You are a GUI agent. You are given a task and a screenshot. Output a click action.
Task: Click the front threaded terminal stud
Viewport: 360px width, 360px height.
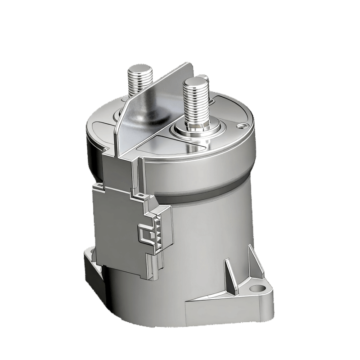pos(195,106)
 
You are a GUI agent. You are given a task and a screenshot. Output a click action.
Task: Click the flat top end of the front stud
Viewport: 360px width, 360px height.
pos(194,82)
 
